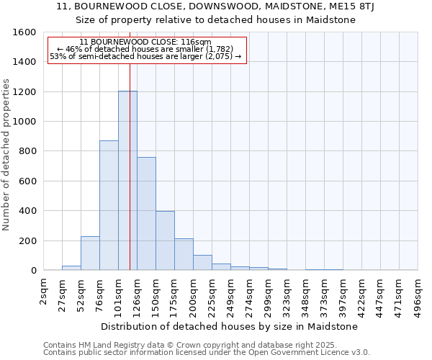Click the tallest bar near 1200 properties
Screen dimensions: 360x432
click(127, 180)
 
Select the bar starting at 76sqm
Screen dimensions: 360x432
click(109, 205)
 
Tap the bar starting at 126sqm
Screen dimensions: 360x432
click(146, 213)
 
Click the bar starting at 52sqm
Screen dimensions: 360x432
click(90, 253)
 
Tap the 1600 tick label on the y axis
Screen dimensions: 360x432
click(24, 32)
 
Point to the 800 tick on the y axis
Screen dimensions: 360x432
click(27, 151)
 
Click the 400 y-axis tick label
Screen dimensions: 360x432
click(27, 211)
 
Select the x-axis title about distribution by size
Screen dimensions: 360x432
click(229, 326)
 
